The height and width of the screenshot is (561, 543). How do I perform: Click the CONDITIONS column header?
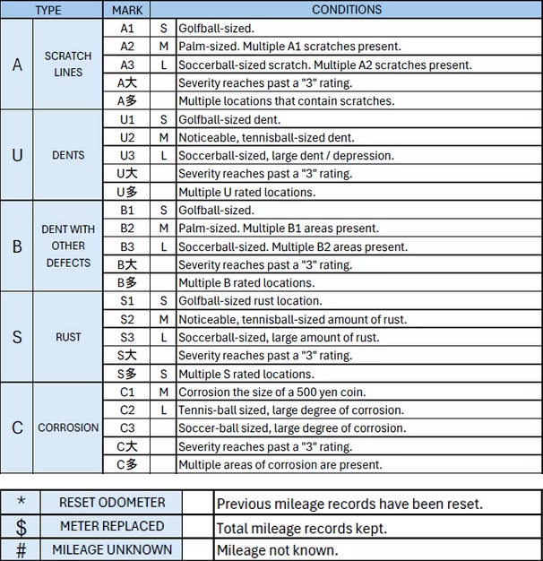[x=346, y=10]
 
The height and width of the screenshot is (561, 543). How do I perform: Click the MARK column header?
[x=126, y=10]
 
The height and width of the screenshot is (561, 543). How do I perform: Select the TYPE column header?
[x=47, y=10]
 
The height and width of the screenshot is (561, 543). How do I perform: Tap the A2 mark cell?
[x=126, y=47]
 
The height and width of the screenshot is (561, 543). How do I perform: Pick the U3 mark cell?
[x=126, y=155]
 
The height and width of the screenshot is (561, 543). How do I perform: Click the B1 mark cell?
[x=126, y=211]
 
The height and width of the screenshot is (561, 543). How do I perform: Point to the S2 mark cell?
[x=126, y=319]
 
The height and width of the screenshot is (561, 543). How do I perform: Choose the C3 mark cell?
[x=126, y=428]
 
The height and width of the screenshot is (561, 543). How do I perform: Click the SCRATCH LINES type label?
[x=68, y=64]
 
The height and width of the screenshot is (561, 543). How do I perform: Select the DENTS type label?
[x=68, y=155]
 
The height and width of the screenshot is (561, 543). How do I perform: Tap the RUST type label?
[x=68, y=337]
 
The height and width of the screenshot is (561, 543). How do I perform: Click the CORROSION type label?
[x=68, y=428]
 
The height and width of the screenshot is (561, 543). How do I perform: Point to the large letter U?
[x=17, y=155]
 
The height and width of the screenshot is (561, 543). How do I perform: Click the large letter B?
[x=17, y=246]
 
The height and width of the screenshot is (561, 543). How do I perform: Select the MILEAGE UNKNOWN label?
[x=111, y=549]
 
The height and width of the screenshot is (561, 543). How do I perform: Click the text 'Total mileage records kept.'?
[x=302, y=528]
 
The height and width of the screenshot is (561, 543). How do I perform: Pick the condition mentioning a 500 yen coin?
[x=271, y=392]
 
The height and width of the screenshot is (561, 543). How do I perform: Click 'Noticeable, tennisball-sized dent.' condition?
[x=266, y=137]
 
